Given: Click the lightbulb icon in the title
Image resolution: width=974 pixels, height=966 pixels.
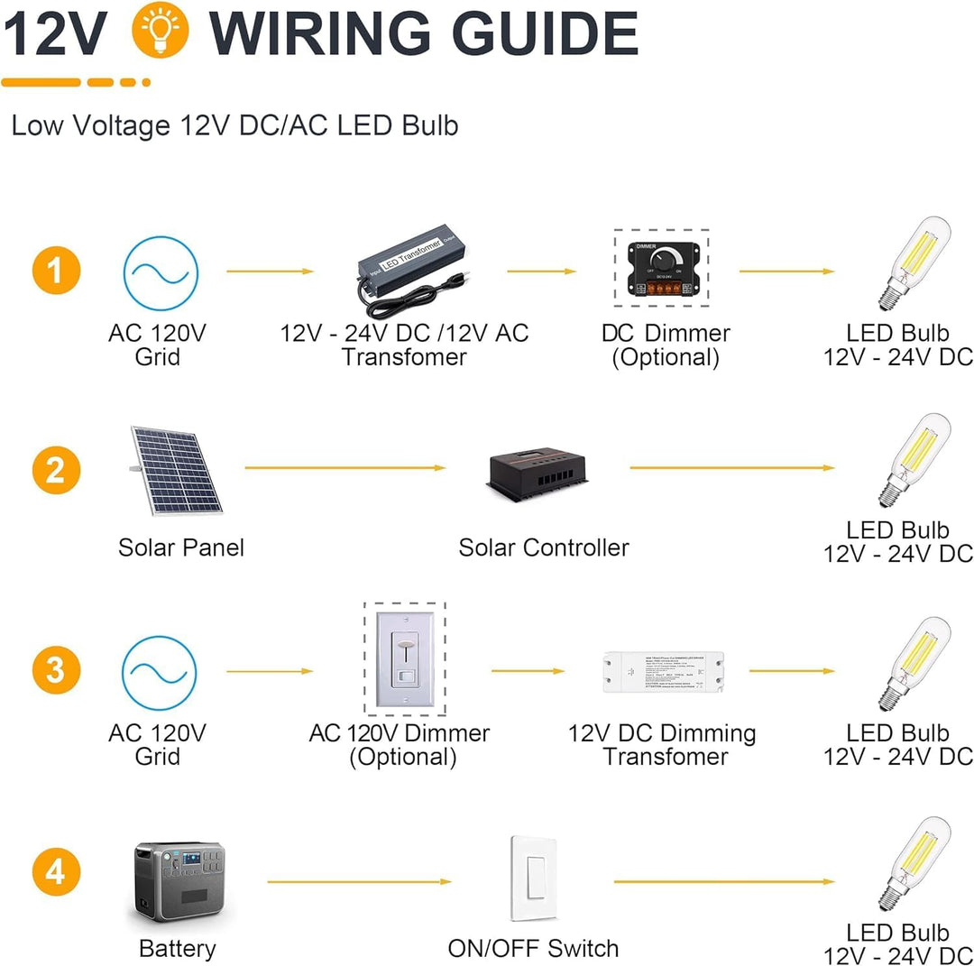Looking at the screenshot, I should click(161, 33).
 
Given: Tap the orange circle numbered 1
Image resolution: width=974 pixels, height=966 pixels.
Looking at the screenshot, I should click(56, 271).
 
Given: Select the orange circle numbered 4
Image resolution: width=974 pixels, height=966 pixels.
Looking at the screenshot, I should click(56, 873).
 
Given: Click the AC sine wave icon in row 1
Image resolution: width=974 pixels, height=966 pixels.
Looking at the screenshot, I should click(161, 273).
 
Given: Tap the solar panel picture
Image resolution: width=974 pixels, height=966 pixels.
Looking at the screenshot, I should click(175, 470).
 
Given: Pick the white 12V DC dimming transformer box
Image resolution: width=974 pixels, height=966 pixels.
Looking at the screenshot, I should click(666, 672).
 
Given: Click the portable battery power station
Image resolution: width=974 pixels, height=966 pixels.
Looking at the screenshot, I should click(179, 883).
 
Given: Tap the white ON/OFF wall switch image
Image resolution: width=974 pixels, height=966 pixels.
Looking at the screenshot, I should click(533, 878).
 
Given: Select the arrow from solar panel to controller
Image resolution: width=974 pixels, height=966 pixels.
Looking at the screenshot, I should click(345, 467).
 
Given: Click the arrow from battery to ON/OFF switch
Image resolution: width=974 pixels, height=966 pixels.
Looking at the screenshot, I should click(358, 881).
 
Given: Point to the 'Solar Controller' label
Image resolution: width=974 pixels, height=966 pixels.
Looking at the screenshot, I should click(544, 547).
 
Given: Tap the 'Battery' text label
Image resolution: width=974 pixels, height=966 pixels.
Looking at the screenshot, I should click(178, 949).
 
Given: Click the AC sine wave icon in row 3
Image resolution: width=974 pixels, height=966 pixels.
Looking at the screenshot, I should click(160, 673).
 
